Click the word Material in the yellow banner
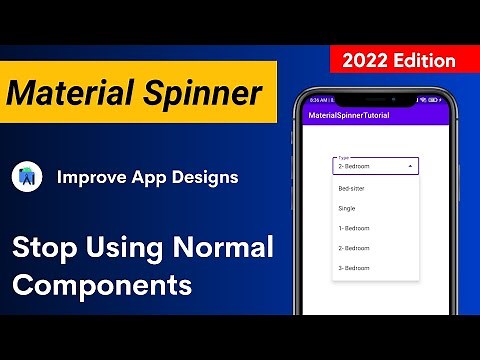73,94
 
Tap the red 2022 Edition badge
399,60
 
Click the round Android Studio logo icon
27,178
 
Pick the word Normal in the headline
223,247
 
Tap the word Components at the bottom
102,284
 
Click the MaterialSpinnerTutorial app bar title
348,116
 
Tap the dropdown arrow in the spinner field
411,167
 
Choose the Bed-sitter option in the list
352,189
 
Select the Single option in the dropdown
347,208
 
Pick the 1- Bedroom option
354,228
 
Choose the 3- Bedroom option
354,268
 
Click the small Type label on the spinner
344,158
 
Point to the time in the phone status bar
315,100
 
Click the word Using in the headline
121,247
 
